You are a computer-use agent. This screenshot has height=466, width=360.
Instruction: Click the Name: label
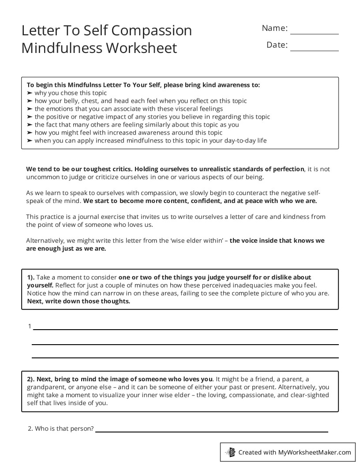click(x=274, y=28)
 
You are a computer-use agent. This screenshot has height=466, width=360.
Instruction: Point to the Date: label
click(x=277, y=45)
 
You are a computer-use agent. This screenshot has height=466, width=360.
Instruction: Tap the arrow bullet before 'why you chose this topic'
click(x=30, y=93)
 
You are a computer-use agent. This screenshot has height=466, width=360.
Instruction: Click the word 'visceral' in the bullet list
click(x=179, y=109)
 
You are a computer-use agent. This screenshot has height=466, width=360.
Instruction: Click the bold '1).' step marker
click(x=31, y=278)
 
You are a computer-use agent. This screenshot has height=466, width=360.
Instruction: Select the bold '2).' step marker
click(x=31, y=379)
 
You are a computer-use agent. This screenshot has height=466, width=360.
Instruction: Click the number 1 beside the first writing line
click(x=30, y=327)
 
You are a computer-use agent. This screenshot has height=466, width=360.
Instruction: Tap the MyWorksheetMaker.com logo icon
click(x=230, y=452)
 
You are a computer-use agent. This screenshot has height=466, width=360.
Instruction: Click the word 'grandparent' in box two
click(x=45, y=387)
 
